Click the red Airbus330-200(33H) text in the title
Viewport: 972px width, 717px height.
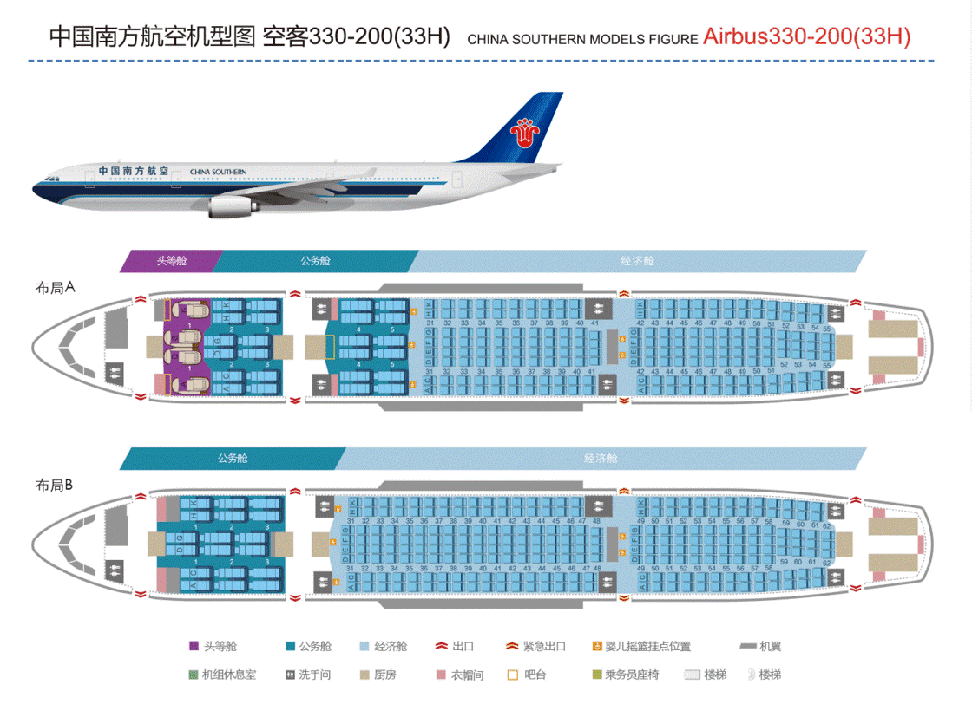[806, 36]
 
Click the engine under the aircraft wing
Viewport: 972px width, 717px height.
[231, 206]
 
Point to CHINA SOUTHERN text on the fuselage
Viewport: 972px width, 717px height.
[218, 172]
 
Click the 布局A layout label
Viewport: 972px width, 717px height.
[55, 288]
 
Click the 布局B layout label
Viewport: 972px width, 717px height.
[53, 486]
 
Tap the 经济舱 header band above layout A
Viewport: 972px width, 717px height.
[637, 260]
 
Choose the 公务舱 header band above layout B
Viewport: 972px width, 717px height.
[232, 458]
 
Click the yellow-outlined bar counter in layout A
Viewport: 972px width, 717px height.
[329, 347]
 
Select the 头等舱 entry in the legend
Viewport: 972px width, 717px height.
[213, 646]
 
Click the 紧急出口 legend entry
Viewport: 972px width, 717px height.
[536, 646]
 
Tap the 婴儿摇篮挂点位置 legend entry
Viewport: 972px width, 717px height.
[642, 646]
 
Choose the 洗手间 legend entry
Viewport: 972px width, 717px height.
[308, 674]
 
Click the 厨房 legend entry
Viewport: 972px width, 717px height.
[378, 674]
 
